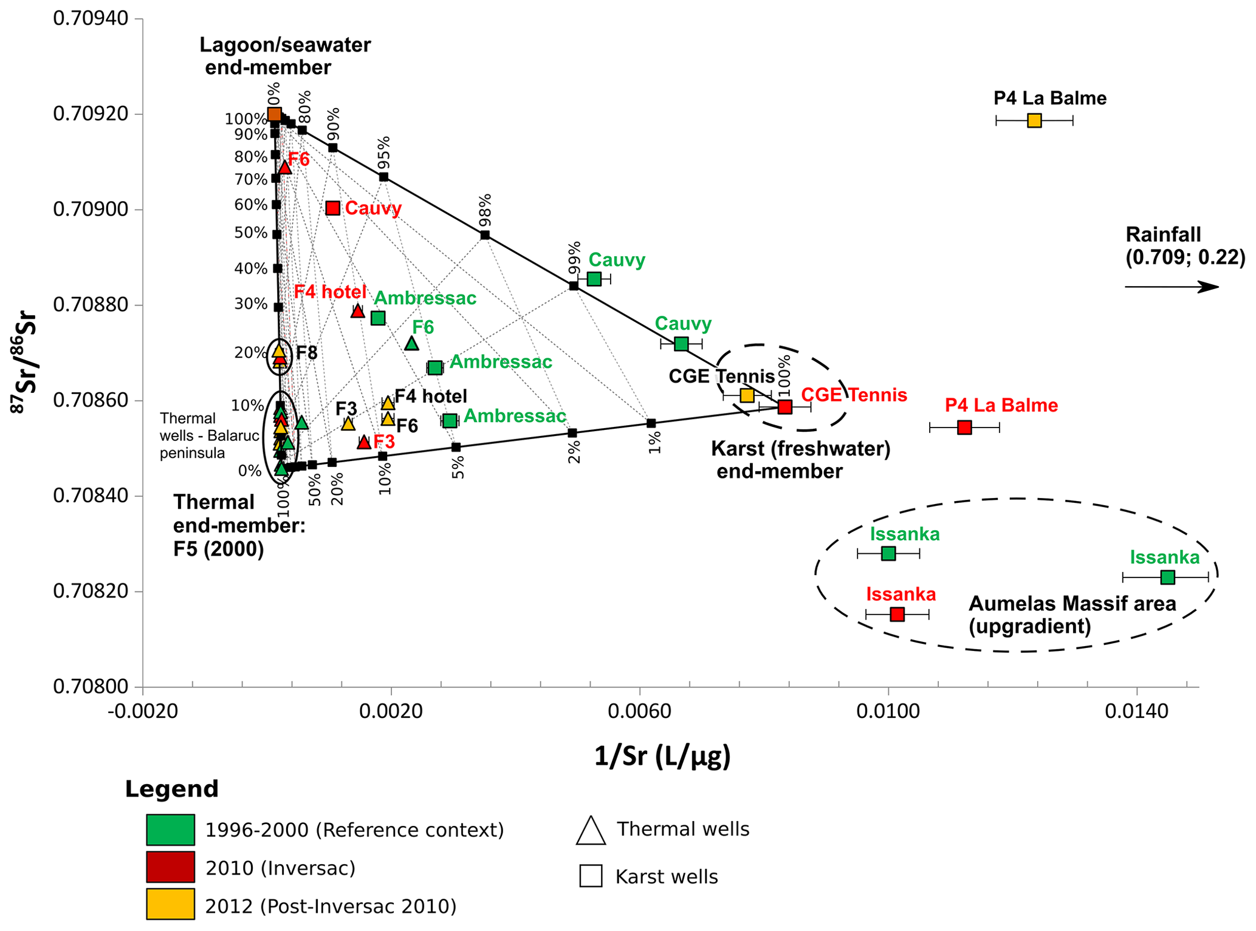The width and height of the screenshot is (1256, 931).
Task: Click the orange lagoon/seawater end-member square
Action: tap(275, 114)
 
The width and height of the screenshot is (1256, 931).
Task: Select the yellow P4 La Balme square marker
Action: tap(1034, 120)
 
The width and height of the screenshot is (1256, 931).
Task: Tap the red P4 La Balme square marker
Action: tap(964, 428)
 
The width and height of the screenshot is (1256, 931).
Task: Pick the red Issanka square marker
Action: tap(897, 615)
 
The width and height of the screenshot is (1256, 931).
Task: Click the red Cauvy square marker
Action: tap(332, 208)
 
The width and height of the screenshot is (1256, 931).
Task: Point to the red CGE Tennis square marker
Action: tap(785, 406)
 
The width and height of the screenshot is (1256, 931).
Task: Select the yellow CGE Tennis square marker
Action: tap(747, 395)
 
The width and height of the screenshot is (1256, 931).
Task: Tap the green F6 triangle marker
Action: tap(411, 344)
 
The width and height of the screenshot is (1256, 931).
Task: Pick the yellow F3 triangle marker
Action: tap(348, 424)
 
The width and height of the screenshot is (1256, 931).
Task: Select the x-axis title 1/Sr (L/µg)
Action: tap(662, 757)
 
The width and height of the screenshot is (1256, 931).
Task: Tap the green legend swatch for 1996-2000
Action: tap(170, 830)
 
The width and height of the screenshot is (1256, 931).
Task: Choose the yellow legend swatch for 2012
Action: tap(170, 904)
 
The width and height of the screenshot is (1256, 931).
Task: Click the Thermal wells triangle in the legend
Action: tap(591, 830)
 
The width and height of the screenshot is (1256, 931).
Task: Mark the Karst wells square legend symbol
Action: tap(591, 876)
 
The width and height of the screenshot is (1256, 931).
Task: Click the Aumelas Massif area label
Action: tap(1072, 614)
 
